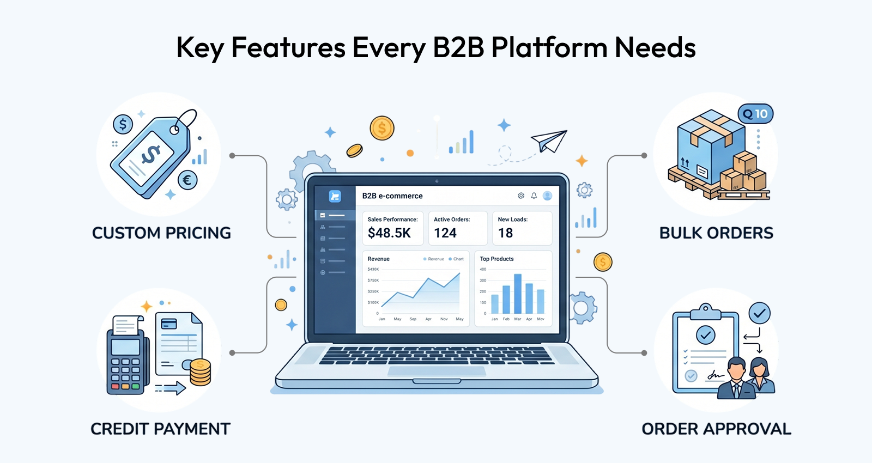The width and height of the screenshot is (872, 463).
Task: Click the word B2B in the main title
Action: pos(458,47)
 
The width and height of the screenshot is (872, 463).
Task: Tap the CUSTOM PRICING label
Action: pos(161,233)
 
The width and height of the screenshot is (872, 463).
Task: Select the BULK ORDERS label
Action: pos(716,233)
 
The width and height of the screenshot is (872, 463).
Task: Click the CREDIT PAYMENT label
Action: pos(160,429)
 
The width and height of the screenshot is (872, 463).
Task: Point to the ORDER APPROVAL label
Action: pos(716,429)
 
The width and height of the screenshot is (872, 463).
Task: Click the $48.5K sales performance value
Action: pos(389,233)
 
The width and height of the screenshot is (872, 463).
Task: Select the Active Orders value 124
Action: pos(445,233)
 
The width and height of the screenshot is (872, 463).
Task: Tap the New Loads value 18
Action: pos(505,233)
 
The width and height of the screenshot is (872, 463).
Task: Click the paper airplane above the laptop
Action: pos(549,141)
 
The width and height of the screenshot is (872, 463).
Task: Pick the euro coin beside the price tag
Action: pos(187,180)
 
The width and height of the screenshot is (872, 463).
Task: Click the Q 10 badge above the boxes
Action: pos(755,114)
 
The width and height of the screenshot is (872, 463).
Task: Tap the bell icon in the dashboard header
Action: pos(534,196)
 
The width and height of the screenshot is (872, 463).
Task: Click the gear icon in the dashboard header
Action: pos(521,196)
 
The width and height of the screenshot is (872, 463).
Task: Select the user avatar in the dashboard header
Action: pos(548,196)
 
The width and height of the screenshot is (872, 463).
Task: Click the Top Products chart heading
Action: pos(496,259)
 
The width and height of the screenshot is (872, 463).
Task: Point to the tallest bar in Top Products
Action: pos(518,294)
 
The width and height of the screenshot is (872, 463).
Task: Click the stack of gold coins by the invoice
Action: pos(200,373)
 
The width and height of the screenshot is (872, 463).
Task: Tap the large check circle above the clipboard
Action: pos(759,313)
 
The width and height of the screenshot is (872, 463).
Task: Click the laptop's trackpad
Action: pos(436,371)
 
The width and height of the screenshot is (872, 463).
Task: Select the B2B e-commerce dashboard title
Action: pos(392,196)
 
